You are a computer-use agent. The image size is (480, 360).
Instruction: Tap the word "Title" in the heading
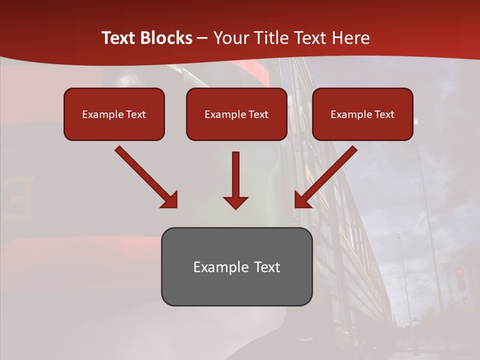point(272,38)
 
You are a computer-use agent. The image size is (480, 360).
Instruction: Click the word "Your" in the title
point(231,38)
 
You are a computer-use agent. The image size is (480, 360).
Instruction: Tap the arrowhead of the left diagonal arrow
point(170,200)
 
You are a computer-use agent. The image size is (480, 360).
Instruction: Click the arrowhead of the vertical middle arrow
point(235,202)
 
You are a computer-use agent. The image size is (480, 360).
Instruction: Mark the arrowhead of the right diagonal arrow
point(302,200)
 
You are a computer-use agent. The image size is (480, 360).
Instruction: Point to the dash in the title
point(202,38)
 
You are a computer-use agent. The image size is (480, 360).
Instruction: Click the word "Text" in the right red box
point(383,114)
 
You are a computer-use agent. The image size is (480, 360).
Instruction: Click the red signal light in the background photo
point(459,272)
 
